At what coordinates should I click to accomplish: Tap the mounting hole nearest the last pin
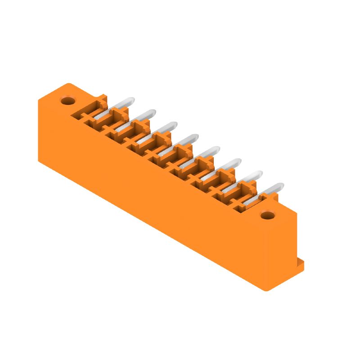268,216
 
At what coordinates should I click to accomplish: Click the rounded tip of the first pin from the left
130,100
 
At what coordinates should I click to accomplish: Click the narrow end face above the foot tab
281,252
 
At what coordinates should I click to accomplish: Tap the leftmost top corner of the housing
39,100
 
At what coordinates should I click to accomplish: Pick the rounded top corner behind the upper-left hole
68,84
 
